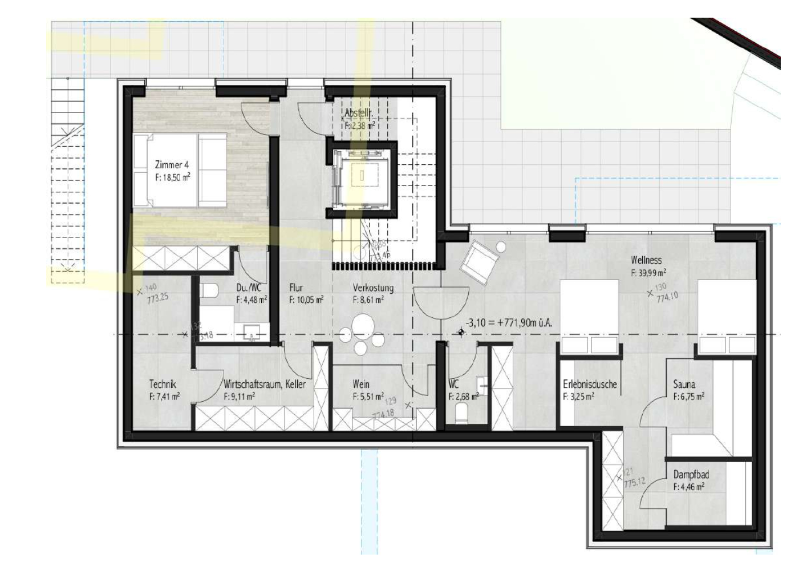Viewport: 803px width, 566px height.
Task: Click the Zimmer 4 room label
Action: [x=172, y=165]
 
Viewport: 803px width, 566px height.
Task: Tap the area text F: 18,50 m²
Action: [x=172, y=177]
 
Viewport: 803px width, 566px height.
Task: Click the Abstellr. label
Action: [x=359, y=114]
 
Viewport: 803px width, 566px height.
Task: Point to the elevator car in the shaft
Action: [x=362, y=175]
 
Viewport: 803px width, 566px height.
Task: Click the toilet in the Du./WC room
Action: [x=209, y=290]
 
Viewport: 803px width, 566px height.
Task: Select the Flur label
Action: [x=295, y=288]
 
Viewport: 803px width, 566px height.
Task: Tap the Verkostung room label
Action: [x=372, y=288]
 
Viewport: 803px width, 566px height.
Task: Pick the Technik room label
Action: [x=163, y=385]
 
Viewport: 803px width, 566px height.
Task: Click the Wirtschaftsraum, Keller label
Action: [x=264, y=385]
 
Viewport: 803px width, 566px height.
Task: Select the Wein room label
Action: [x=360, y=385]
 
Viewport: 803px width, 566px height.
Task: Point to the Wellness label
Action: [x=646, y=260]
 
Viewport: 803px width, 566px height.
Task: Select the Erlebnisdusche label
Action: [x=589, y=385]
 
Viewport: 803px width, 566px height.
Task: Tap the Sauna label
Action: [x=684, y=385]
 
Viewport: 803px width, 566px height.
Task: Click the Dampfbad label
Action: [x=691, y=475]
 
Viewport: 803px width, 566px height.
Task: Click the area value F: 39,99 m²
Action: [x=648, y=273]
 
